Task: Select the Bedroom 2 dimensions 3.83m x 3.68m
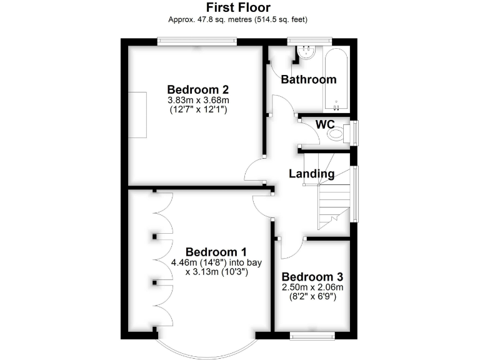point(198,100)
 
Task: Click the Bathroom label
point(308,79)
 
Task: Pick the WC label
point(324,124)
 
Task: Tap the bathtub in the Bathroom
point(336,77)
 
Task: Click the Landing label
point(311,174)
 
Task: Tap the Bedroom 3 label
point(311,277)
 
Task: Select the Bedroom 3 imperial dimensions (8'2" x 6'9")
point(311,297)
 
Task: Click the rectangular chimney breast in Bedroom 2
point(137,114)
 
